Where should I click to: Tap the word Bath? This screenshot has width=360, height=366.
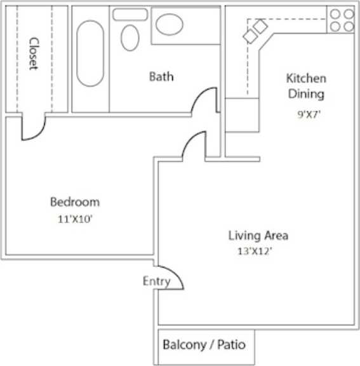pyautogui.click(x=161, y=77)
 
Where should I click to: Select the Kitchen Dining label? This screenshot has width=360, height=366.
pyautogui.click(x=306, y=87)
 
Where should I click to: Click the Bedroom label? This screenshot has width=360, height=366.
pyautogui.click(x=75, y=202)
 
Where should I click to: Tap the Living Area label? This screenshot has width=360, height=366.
pyautogui.click(x=258, y=236)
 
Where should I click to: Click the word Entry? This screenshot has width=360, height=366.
pyautogui.click(x=156, y=281)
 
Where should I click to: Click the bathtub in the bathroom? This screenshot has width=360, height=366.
pyautogui.click(x=90, y=53)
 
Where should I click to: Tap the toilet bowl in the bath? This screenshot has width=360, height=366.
pyautogui.click(x=130, y=37)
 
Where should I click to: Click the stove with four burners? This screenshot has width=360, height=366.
pyautogui.click(x=342, y=20)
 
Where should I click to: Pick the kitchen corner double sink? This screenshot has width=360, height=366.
pyautogui.click(x=255, y=31)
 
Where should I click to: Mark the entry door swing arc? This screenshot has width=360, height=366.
pyautogui.click(x=173, y=276)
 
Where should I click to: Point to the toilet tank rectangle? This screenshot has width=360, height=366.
pyautogui.click(x=130, y=14)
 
